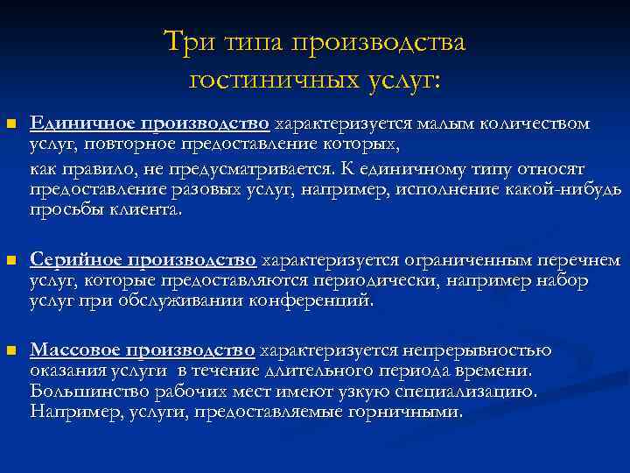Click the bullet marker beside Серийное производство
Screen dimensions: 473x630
pos(10,260)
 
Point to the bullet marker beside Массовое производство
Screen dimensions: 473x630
pos(10,351)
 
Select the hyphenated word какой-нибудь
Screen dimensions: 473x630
pos(569,189)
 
